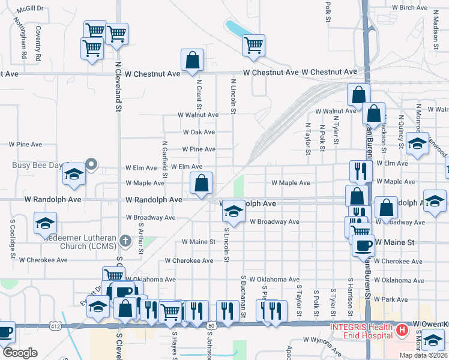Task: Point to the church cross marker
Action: click(125, 241)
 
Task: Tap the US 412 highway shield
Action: click(56, 326)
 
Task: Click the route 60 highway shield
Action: click(211, 325)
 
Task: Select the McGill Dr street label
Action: click(30, 9)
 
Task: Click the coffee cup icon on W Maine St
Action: click(364, 245)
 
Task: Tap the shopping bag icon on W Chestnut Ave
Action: click(193, 60)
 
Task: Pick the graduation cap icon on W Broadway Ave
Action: click(234, 211)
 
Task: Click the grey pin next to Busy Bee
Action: click(91, 163)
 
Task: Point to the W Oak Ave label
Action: click(199, 132)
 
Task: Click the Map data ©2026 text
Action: click(423, 355)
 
